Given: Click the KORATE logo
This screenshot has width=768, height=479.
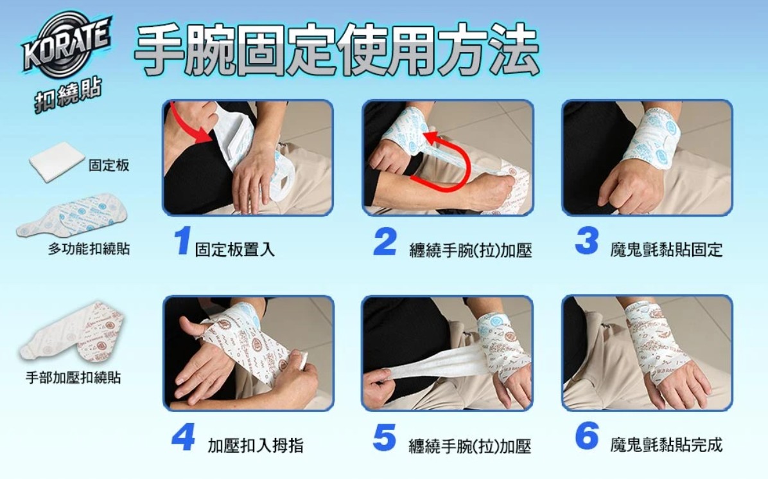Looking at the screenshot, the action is coord(66,45).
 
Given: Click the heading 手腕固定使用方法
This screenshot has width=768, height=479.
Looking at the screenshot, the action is coord(336,50).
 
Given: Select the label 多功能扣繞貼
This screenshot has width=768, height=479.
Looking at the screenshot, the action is coord(89,249).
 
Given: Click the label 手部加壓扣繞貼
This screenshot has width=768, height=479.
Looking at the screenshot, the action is coord(73,377).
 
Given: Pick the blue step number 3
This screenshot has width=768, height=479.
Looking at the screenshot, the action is coord(587,240).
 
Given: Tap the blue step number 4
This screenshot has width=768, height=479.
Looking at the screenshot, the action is coord(183,437).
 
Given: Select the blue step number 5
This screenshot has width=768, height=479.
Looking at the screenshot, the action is coord(385,437).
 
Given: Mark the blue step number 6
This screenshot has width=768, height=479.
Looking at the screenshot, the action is coord(587,436).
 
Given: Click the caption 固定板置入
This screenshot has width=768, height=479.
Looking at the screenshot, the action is coord(234,249).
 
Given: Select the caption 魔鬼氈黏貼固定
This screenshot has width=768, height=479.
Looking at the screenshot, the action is coord(666,249).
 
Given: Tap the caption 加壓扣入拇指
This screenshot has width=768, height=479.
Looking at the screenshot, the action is coord(255,445).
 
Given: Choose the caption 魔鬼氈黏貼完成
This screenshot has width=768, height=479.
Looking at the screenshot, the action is coord(666,445).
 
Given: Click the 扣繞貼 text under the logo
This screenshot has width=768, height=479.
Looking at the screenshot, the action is coord(68,94).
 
